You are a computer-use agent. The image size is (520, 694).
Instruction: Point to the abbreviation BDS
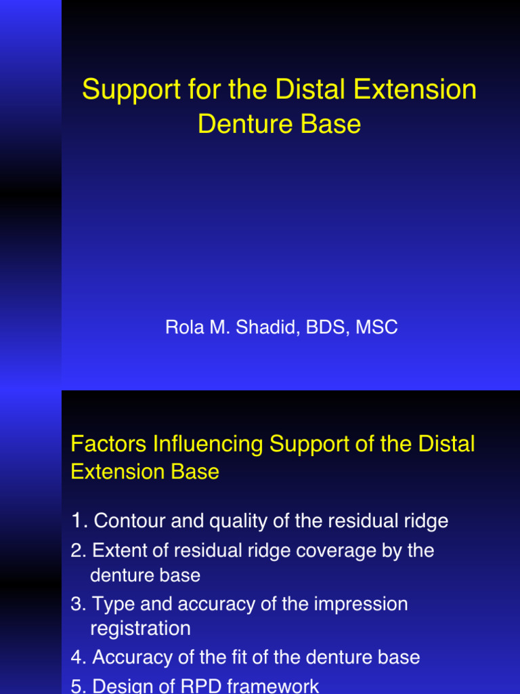[x=326, y=328]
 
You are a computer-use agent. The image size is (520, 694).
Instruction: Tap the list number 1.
[x=77, y=520]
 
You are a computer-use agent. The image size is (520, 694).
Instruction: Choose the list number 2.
[x=77, y=550]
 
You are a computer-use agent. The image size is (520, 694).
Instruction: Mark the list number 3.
[x=77, y=604]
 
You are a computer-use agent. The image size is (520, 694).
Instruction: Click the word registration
[x=140, y=628]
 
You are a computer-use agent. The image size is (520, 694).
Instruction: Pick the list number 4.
[x=77, y=657]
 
